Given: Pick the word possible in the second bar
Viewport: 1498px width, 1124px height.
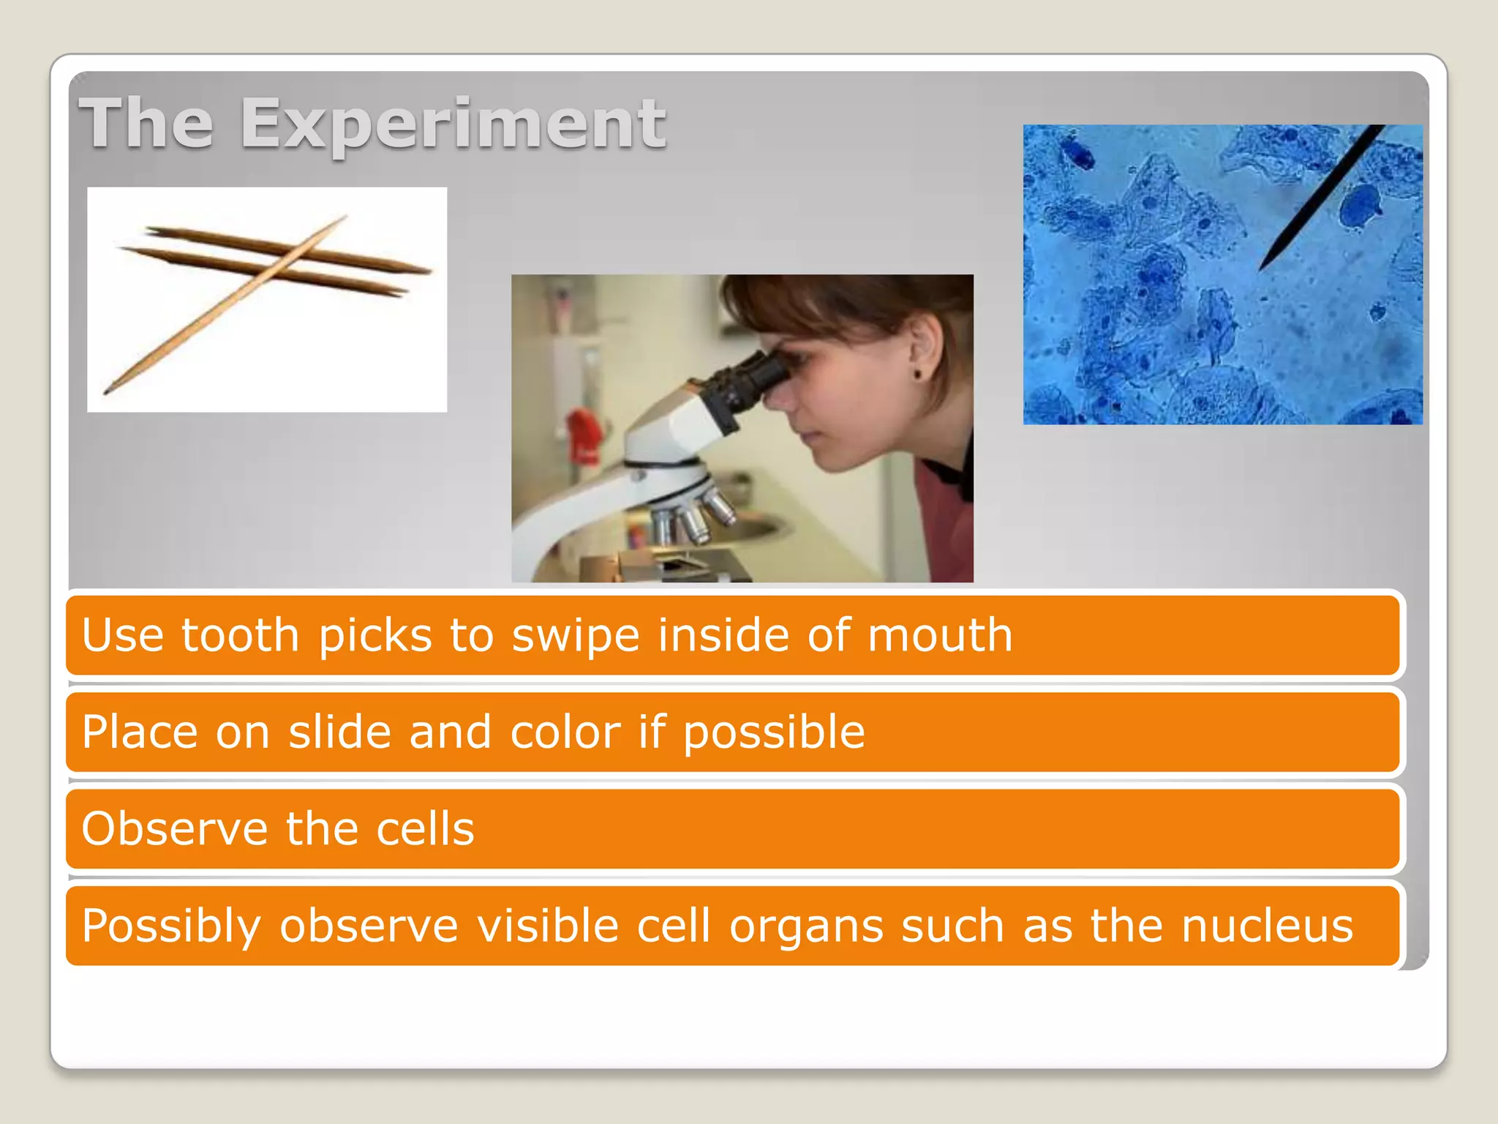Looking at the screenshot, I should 774,732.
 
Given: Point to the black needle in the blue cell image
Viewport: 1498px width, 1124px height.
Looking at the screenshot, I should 1321,198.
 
